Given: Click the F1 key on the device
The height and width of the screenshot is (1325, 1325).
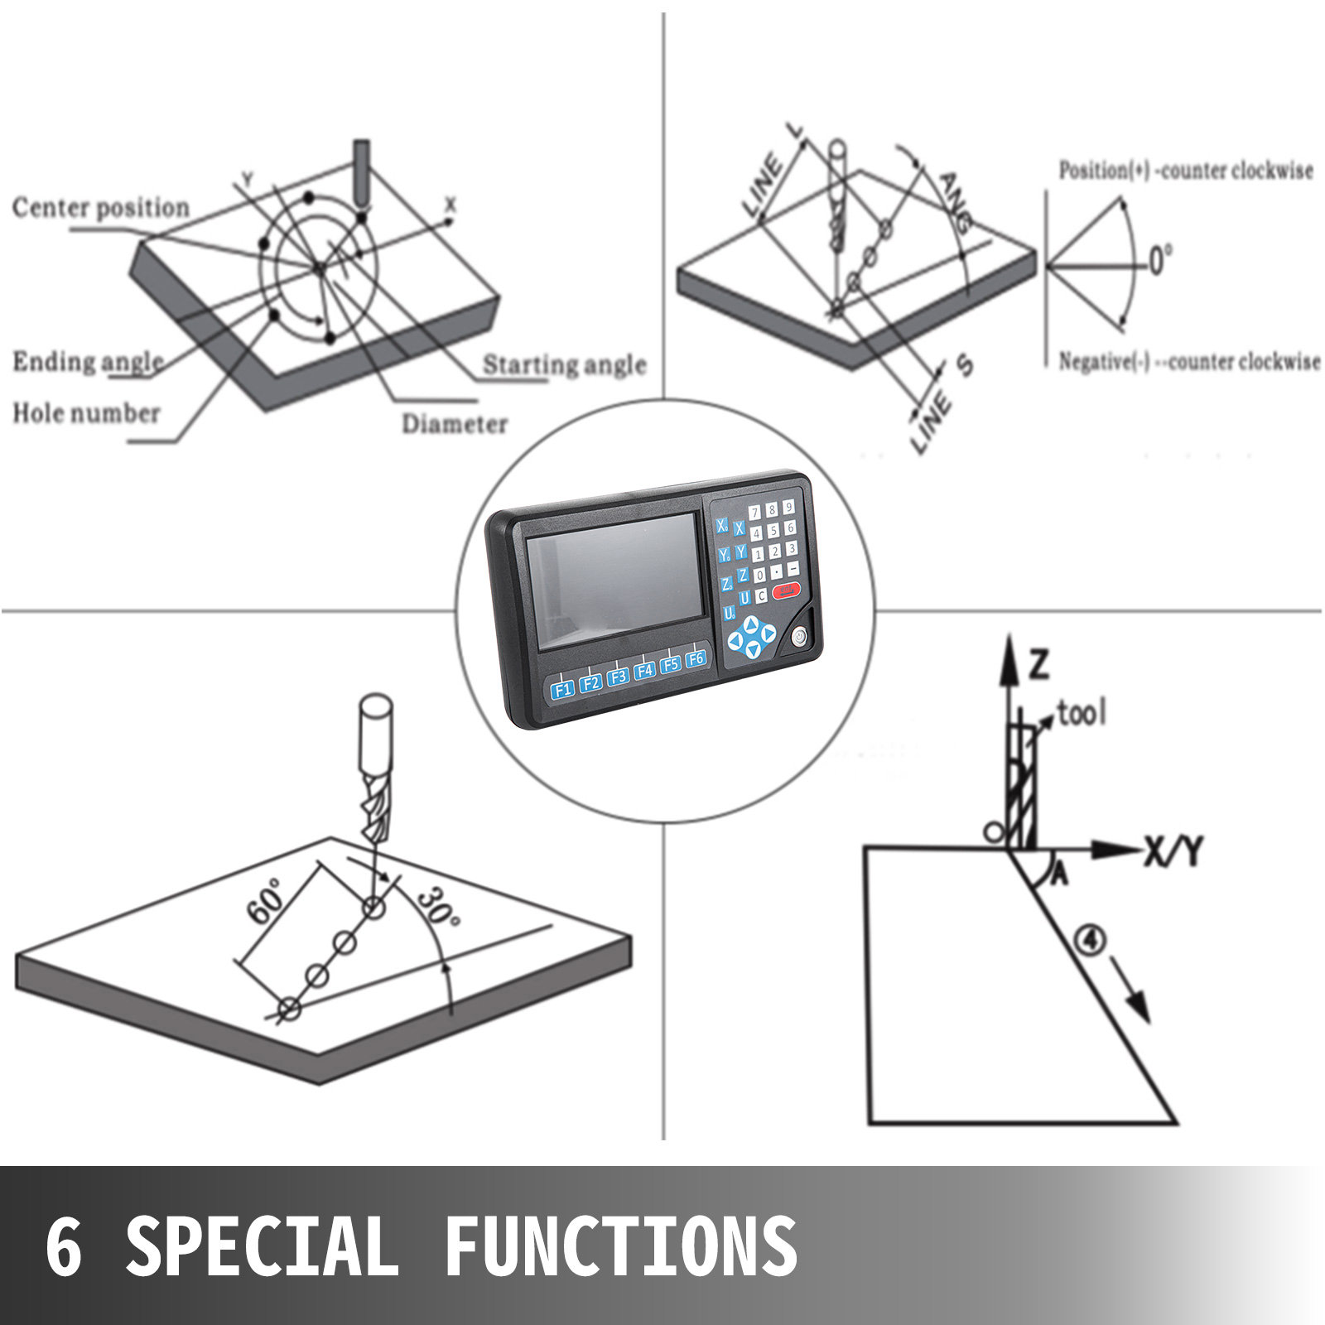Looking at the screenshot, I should [x=563, y=689].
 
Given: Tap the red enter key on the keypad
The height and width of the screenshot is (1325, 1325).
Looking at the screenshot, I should [x=787, y=590].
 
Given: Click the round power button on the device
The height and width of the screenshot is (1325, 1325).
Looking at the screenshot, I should [x=799, y=637].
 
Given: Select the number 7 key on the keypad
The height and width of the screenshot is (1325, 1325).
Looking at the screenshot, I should [x=755, y=513].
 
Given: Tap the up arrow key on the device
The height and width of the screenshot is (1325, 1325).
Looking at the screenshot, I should [x=751, y=624].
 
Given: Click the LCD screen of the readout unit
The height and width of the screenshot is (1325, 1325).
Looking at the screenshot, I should [x=614, y=581].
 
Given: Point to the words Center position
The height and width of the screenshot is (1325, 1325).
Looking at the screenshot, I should [x=101, y=207].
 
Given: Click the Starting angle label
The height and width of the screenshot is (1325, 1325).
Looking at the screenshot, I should [x=564, y=364].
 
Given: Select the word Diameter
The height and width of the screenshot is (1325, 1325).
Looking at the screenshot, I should [x=455, y=423].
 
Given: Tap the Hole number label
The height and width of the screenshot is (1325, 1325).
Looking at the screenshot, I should [x=86, y=412].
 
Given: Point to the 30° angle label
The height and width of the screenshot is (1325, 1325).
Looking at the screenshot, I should [x=437, y=908].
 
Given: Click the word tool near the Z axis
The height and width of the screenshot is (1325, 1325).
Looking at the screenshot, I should [x=1082, y=712].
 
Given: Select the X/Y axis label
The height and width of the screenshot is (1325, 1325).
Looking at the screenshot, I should [x=1173, y=850].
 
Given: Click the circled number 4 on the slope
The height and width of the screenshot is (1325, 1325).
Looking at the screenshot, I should [x=1089, y=940].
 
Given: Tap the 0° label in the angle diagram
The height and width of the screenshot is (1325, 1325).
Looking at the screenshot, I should [x=1159, y=260].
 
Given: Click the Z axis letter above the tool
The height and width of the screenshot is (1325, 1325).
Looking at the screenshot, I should [x=1038, y=664].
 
